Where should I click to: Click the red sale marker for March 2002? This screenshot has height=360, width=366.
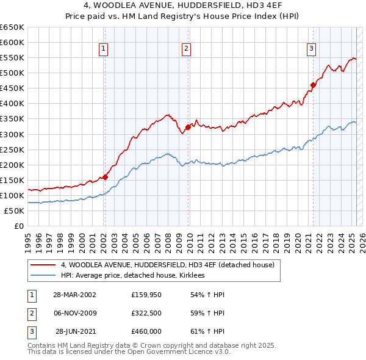pos(105,177)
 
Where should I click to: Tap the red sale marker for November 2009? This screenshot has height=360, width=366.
pos(188,128)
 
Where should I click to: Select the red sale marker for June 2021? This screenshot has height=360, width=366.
pos(313,85)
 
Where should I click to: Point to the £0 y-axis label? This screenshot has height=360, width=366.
pos(19,226)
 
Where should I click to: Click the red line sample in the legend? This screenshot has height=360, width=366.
pos(43,265)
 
